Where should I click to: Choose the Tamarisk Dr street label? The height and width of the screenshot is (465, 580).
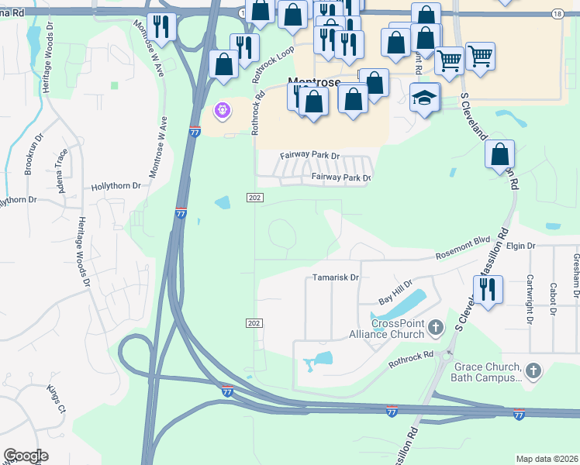(336, 277)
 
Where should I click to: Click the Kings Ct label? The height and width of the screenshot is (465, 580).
(57, 398)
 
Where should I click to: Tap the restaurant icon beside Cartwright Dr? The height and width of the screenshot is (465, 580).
(488, 291)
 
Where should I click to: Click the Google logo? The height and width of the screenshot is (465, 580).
(26, 456)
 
